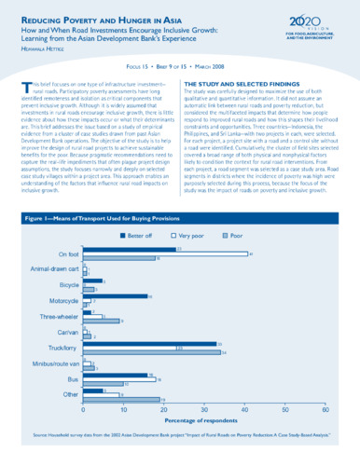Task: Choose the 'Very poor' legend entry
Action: click(x=189, y=236)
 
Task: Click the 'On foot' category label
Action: click(x=68, y=254)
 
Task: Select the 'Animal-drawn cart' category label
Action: click(x=55, y=270)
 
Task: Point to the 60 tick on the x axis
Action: click(x=325, y=409)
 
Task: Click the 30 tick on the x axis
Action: click(x=205, y=409)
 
